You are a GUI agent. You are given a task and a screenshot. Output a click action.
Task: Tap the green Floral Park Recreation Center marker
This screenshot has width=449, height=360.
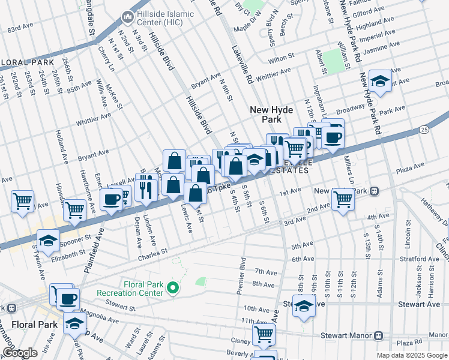click(x=173, y=289)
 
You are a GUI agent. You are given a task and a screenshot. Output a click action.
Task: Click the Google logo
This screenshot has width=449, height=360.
click(x=20, y=353)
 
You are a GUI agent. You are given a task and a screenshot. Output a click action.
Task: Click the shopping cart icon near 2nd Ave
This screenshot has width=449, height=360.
click(x=343, y=199)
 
